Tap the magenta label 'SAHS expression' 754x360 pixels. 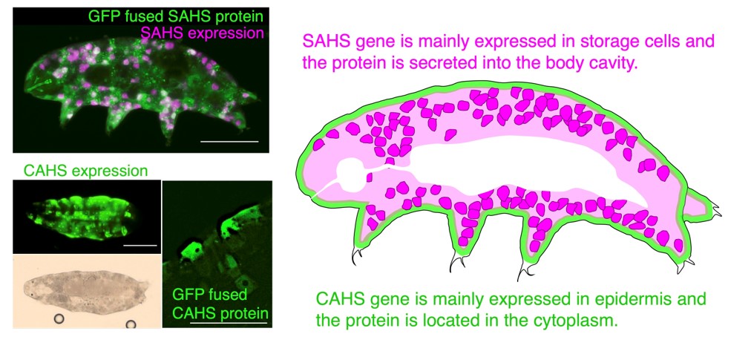point(202,33)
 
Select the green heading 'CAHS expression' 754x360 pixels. point(85,171)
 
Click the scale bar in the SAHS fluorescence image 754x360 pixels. point(229,141)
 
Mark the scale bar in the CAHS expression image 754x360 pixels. point(140,246)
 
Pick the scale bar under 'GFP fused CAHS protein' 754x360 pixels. point(229,322)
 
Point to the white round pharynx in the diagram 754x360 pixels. point(350,174)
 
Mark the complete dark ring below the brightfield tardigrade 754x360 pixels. point(59,318)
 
